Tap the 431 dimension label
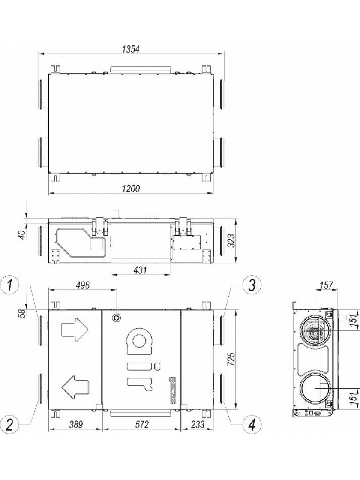tap(141, 270)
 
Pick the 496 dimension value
tap(82, 285)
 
